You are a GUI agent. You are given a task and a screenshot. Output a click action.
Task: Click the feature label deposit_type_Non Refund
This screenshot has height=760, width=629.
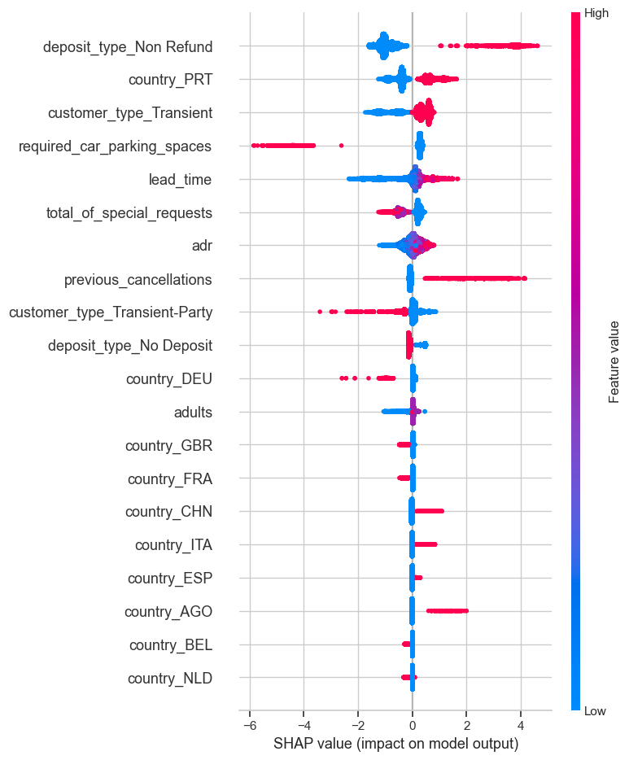pyautogui.click(x=128, y=46)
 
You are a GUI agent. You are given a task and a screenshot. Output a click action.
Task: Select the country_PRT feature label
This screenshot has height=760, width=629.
pyautogui.click(x=171, y=80)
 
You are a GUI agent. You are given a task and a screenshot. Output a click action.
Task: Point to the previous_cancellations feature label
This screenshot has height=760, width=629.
pyautogui.click(x=138, y=279)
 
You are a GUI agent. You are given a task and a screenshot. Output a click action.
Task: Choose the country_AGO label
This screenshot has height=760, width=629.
pyautogui.click(x=168, y=611)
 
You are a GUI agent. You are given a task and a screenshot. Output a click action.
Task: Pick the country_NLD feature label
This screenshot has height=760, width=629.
pyautogui.click(x=170, y=678)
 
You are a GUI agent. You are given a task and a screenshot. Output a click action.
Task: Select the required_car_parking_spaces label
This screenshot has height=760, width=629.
pyautogui.click(x=115, y=146)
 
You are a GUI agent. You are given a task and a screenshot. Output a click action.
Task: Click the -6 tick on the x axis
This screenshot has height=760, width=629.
pyautogui.click(x=248, y=726)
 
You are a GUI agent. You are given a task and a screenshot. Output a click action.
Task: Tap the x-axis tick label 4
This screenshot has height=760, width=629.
pyautogui.click(x=521, y=726)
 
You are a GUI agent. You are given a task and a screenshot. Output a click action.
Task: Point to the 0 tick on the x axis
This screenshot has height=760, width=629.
pyautogui.click(x=413, y=726)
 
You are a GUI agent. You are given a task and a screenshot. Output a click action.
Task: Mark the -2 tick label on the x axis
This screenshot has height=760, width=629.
pyautogui.click(x=356, y=726)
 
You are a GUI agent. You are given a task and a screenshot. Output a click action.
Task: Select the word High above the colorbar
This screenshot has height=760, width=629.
pyautogui.click(x=596, y=14)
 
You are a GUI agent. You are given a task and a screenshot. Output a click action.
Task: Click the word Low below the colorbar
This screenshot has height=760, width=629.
pyautogui.click(x=596, y=711)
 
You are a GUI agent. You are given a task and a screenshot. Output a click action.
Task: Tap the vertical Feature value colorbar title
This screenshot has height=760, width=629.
pyautogui.click(x=615, y=362)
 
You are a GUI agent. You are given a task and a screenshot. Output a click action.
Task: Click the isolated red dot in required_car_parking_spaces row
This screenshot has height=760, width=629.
pyautogui.click(x=341, y=146)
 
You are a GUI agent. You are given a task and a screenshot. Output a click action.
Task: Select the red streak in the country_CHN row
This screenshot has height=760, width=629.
pyautogui.click(x=429, y=511)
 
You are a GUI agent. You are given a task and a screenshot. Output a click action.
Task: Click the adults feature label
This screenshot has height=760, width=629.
pyautogui.click(x=193, y=412)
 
